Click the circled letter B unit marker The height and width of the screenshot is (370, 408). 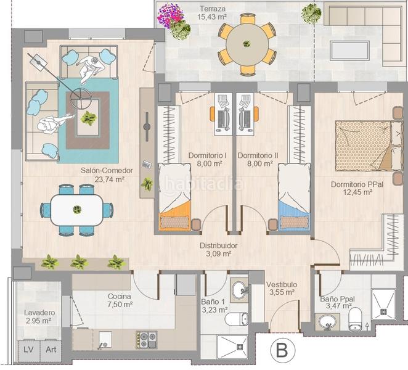[282, 351]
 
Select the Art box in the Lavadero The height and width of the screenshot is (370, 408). [50, 350]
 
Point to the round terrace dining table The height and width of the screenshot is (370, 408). [247, 44]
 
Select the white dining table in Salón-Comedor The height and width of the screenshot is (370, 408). [76, 210]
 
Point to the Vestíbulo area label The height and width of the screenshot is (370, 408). [282, 289]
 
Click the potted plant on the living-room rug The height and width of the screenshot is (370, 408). [89, 117]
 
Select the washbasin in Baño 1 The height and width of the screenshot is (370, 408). [239, 289]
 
